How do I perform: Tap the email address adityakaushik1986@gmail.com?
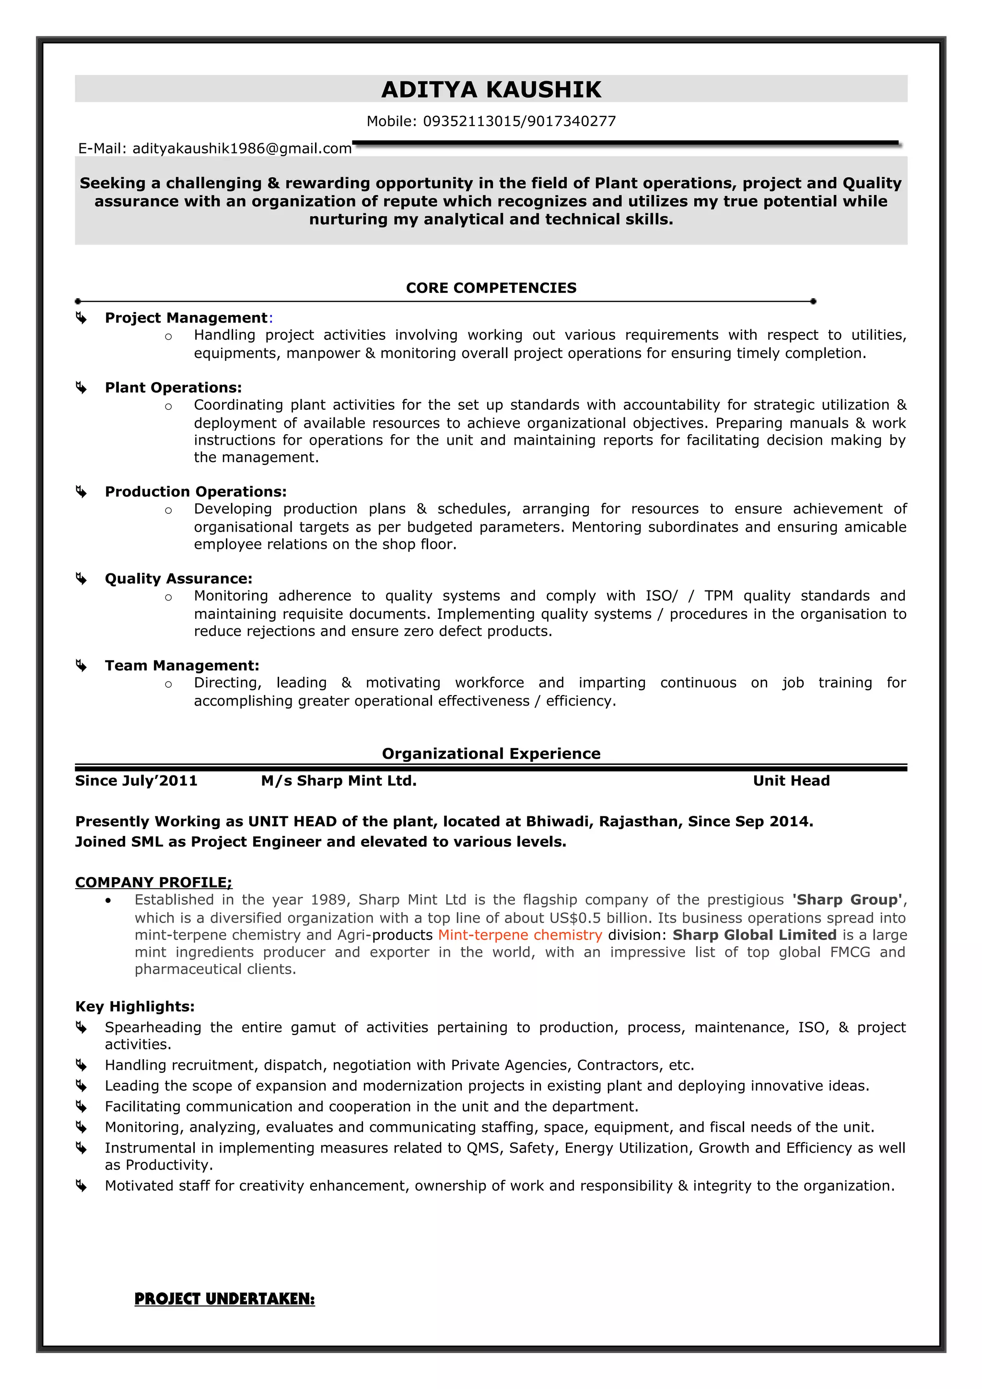pos(241,148)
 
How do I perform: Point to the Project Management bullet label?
pos(186,318)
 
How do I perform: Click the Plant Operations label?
pos(173,387)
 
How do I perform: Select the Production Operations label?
pos(196,491)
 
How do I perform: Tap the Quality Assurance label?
pos(178,579)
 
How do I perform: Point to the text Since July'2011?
pos(136,780)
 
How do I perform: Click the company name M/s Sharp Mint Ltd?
pos(338,780)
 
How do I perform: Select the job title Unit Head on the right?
pos(791,780)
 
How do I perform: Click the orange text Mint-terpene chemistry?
pos(520,935)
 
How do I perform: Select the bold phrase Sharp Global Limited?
pos(754,935)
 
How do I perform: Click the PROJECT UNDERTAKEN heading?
pos(224,1299)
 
